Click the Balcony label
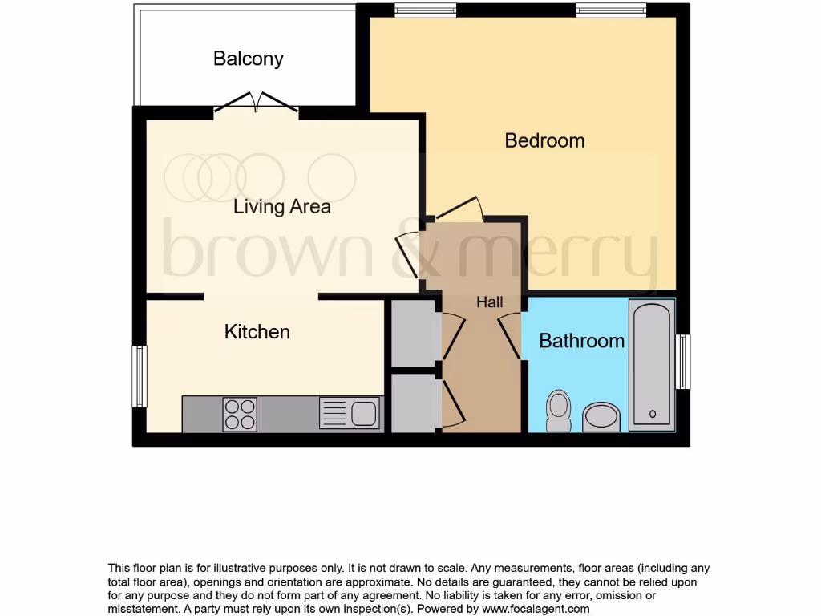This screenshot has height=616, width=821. [x=249, y=59]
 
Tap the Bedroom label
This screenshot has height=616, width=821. [x=544, y=140]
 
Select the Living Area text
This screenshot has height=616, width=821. [x=281, y=207]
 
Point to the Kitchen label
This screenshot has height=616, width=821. [x=257, y=331]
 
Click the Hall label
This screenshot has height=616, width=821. [x=489, y=302]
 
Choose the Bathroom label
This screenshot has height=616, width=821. [x=581, y=341]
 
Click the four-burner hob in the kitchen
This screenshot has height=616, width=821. [x=240, y=414]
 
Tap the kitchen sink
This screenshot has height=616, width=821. [x=350, y=414]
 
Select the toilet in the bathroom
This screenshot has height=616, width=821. [x=557, y=410]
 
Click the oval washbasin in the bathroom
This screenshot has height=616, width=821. [x=601, y=416]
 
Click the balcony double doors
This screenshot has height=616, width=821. [x=257, y=103]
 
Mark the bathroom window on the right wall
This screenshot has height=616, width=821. [x=683, y=361]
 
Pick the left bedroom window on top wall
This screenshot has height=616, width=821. [x=426, y=10]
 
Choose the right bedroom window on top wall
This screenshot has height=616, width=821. [x=611, y=10]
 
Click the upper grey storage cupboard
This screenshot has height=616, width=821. [x=414, y=334]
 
